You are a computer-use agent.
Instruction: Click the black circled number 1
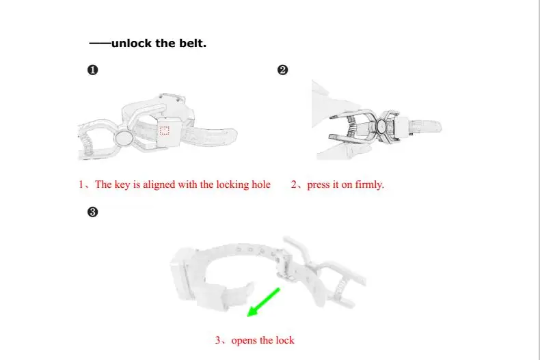coord(93,70)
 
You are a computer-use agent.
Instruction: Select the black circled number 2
coord(282,70)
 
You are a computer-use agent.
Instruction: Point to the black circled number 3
coord(93,212)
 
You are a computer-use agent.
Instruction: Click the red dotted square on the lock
coord(165,130)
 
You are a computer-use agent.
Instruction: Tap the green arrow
coord(264,302)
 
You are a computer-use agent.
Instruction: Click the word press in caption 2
coord(318,185)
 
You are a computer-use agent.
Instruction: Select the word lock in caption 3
coord(285,340)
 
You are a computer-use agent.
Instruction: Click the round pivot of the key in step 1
coord(124,139)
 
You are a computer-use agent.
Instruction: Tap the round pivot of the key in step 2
coord(381,126)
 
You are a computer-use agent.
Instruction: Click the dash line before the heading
coord(100,43)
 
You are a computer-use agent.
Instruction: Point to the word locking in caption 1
coord(232,185)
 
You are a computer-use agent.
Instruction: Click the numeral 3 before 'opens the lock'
coord(217,340)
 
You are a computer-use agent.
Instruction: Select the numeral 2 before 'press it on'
coord(293,185)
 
